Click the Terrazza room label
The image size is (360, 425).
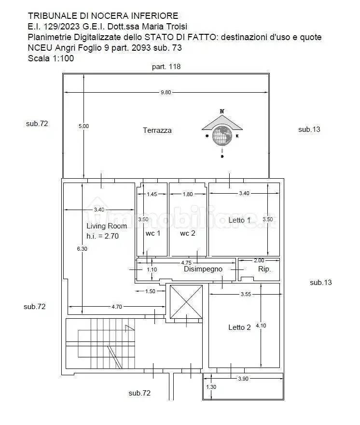coord(157,130)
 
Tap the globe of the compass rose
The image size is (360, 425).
coord(222,136)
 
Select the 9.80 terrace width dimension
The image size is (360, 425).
coord(166,92)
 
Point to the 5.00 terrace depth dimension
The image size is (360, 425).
coord(83,126)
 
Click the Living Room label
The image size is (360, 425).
coord(107,226)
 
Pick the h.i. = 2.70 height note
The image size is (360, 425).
coord(102,236)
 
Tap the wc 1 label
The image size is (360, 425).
coord(153,233)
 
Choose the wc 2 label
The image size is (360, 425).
coord(187,233)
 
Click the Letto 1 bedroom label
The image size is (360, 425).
coord(239,220)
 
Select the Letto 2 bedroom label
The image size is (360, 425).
coord(239,327)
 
